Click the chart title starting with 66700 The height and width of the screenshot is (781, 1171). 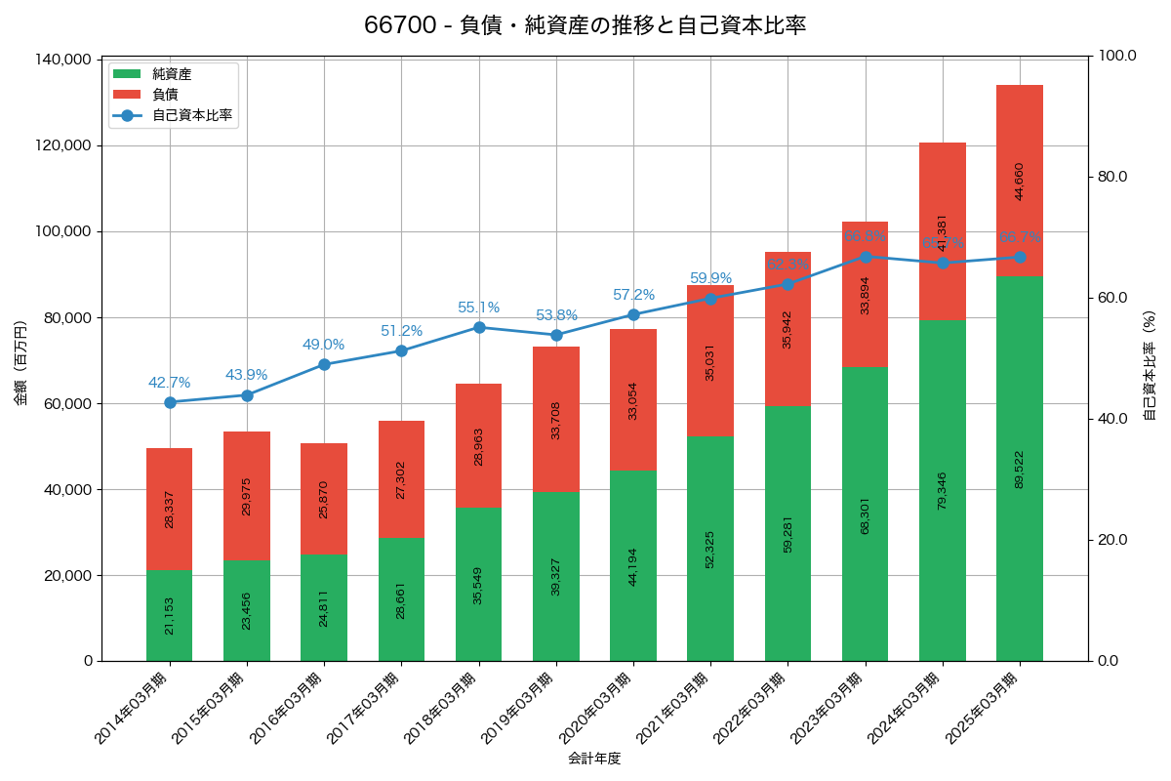[585, 25]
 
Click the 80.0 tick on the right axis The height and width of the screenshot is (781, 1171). [1111, 177]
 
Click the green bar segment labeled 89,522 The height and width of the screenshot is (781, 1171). [1020, 469]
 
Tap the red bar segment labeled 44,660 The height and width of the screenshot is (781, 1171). [1020, 181]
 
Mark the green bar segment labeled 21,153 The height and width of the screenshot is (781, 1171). [170, 615]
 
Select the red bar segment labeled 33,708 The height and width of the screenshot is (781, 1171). [556, 419]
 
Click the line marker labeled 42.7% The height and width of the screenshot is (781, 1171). [170, 402]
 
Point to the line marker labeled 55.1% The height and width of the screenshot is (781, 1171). [479, 327]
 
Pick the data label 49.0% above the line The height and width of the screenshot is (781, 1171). [324, 345]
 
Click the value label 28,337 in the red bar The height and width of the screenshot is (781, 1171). [170, 510]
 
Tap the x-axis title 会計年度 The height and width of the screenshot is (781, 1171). [594, 758]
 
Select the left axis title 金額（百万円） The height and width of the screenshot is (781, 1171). [20, 362]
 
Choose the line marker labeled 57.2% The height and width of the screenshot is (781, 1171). [633, 314]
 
